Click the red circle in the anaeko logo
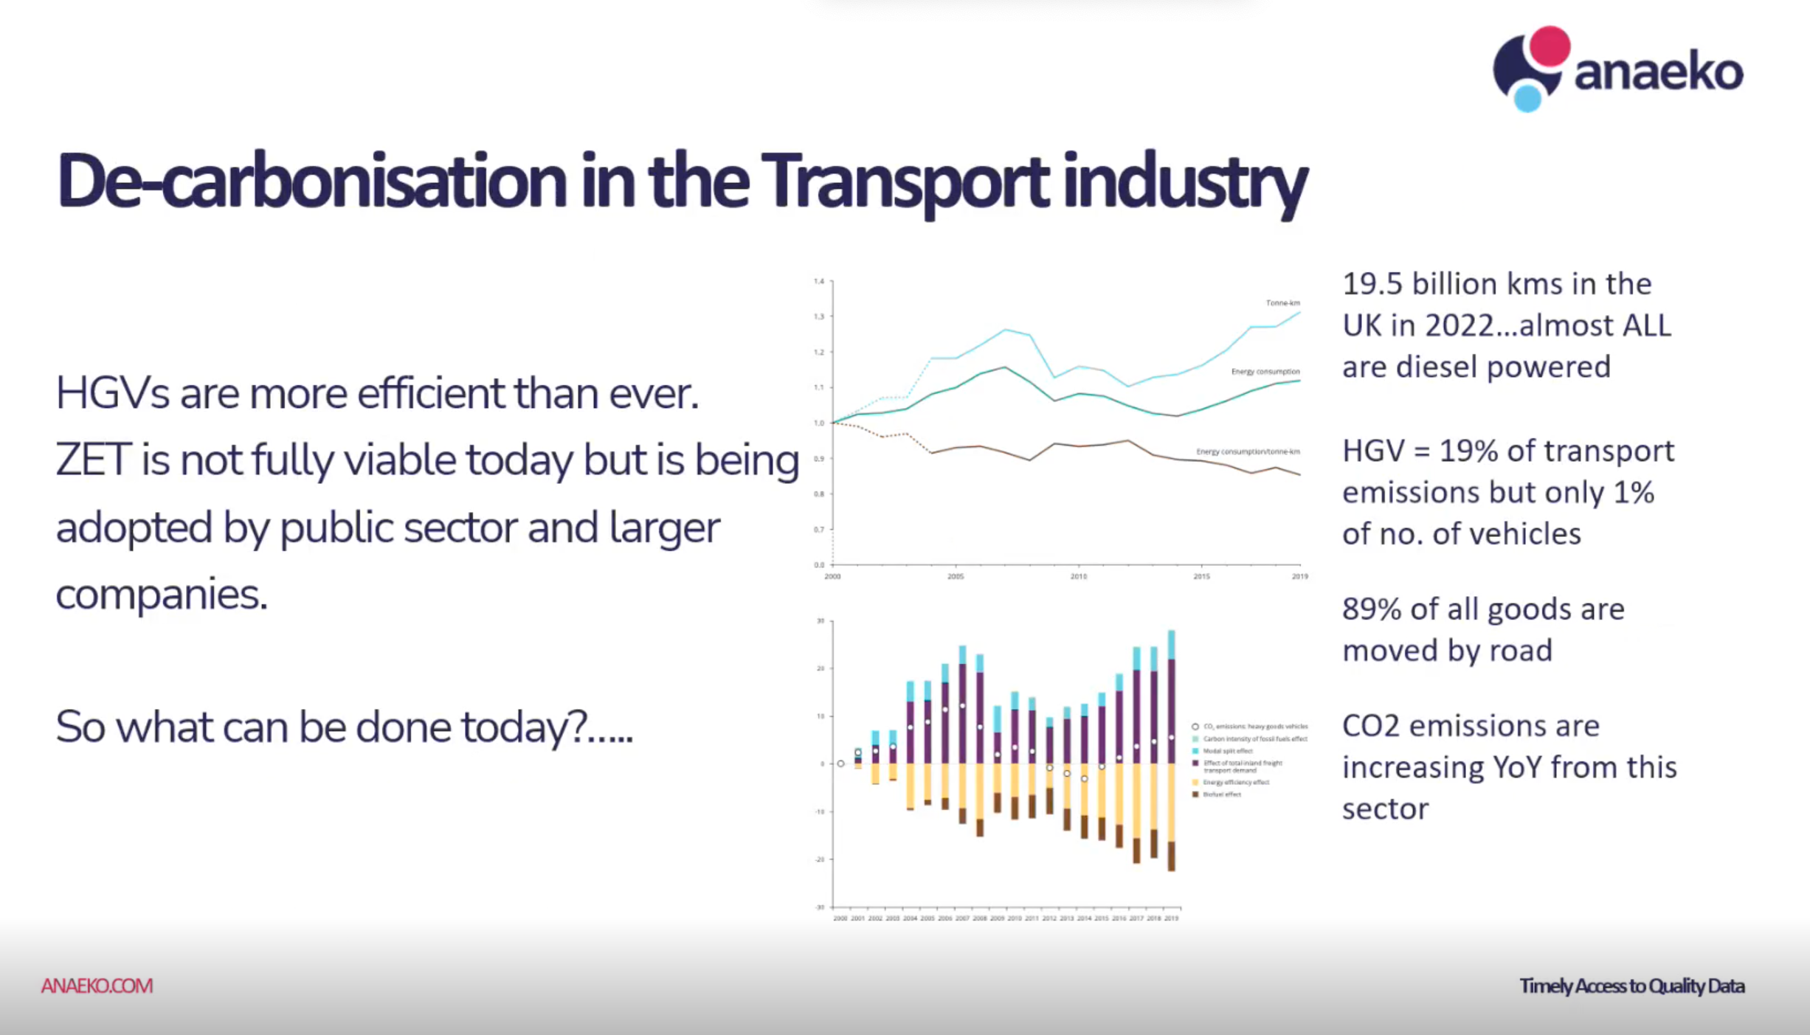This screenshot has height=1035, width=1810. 1549,46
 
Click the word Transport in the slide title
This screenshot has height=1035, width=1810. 903,181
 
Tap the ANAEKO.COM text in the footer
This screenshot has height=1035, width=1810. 97,986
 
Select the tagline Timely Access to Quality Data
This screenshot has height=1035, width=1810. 1631,986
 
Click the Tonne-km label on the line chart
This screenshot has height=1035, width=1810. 1282,303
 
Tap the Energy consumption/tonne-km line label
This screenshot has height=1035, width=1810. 1248,451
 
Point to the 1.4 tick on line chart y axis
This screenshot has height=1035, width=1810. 819,281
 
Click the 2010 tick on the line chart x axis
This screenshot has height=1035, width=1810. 1079,576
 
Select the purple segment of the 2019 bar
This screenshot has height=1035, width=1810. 1171,708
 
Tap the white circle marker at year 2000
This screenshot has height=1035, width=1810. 840,764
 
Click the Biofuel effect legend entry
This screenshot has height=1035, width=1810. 1221,795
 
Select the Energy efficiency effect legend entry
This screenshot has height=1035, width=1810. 1235,782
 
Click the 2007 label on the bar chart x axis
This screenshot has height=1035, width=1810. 962,918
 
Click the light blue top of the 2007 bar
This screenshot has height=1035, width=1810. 962,654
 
